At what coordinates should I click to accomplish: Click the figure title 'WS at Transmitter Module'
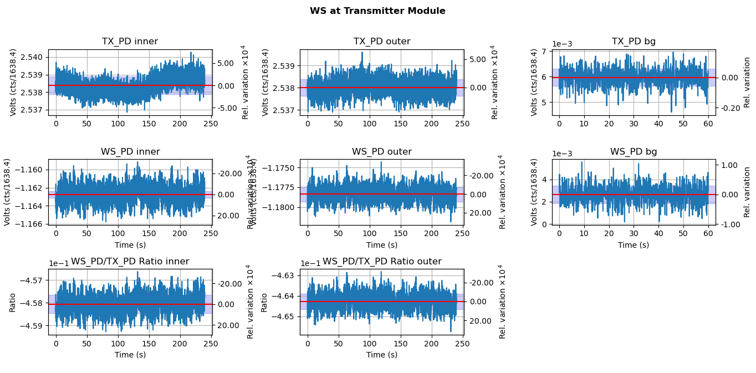pyautogui.click(x=377, y=11)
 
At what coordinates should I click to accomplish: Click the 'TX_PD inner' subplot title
pyautogui.click(x=130, y=42)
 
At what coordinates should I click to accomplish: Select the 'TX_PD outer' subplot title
pyautogui.click(x=382, y=42)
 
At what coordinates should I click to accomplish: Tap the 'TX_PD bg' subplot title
pyautogui.click(x=634, y=42)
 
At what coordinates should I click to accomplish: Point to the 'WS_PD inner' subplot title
pyautogui.click(x=130, y=152)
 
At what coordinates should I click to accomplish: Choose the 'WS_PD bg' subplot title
pyautogui.click(x=634, y=152)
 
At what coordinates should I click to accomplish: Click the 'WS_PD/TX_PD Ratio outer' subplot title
pyautogui.click(x=382, y=262)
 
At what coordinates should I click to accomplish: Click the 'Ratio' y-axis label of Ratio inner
pyautogui.click(x=12, y=303)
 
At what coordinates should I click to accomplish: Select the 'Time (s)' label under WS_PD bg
pyautogui.click(x=634, y=245)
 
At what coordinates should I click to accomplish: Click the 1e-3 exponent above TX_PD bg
pyautogui.click(x=563, y=44)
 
